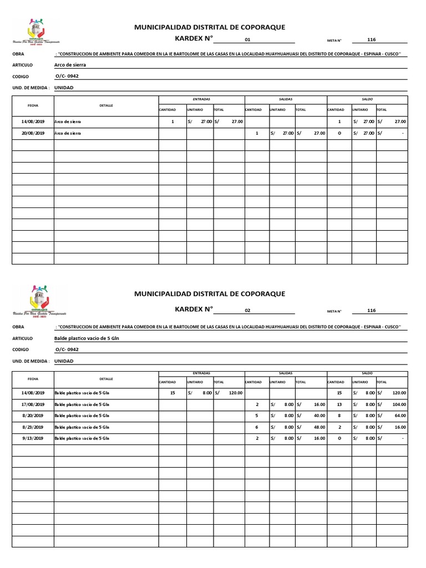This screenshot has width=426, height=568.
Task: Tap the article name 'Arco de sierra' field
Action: (x=70, y=65)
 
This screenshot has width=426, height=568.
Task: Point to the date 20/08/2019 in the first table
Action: (x=32, y=134)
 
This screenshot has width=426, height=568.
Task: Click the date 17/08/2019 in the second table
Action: (x=32, y=404)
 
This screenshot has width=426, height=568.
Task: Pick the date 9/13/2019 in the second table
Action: (x=32, y=439)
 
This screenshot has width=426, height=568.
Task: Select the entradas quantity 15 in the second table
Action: (x=173, y=393)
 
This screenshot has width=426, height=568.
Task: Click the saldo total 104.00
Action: (x=398, y=404)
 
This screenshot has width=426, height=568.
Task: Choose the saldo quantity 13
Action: (x=339, y=404)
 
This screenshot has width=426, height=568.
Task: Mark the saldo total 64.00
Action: (x=399, y=415)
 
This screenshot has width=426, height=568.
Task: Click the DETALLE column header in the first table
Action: (x=106, y=105)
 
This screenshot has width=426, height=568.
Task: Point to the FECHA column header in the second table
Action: (x=32, y=378)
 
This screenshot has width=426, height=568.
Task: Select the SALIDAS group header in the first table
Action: (x=285, y=99)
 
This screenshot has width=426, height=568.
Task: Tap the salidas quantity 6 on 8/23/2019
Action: (x=256, y=427)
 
